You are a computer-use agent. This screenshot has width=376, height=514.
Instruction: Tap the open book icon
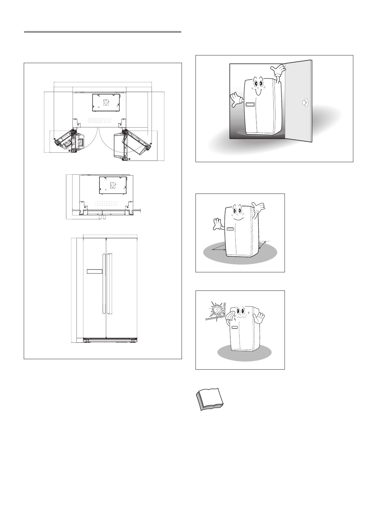209,400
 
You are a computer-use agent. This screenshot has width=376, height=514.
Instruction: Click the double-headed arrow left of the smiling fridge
219,248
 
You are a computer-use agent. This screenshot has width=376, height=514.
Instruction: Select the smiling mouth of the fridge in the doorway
258,92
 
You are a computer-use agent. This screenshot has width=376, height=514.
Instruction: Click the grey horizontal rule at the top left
103,32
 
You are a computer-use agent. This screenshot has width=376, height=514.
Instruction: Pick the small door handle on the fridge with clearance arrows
230,229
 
